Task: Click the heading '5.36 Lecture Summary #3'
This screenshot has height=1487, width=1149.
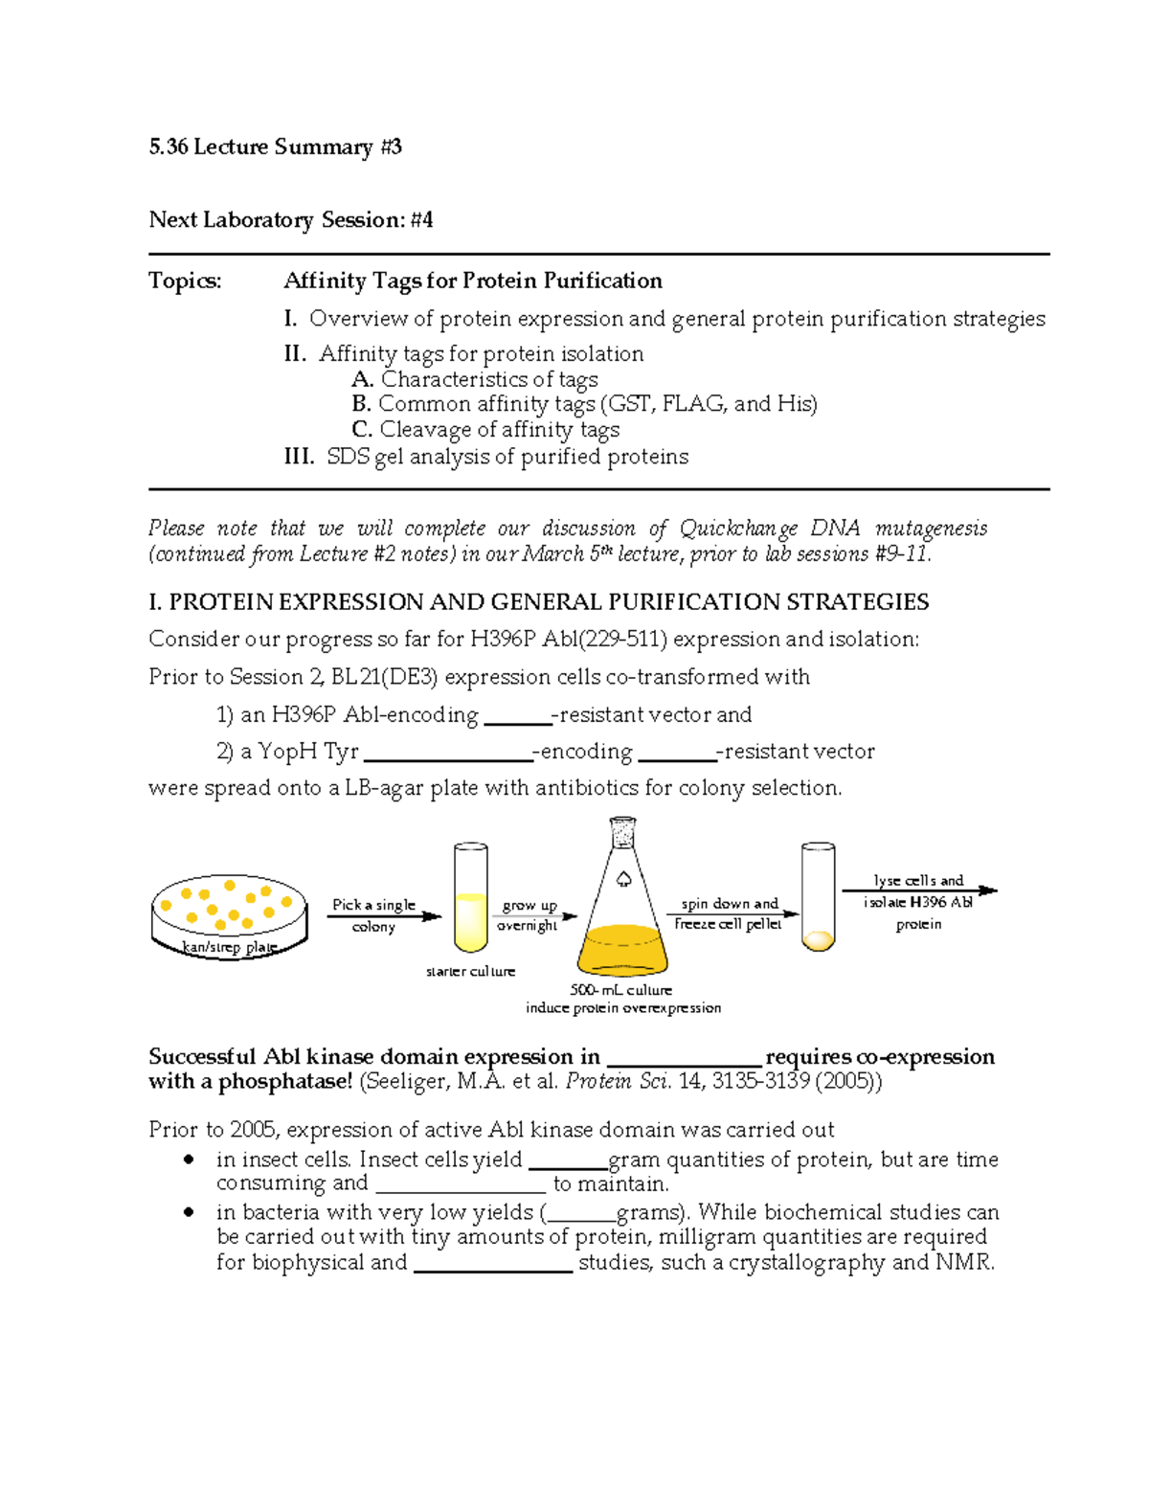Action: tap(275, 146)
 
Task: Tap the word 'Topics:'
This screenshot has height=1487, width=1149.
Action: tap(184, 281)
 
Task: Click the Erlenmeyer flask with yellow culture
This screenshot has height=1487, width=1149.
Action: tap(623, 919)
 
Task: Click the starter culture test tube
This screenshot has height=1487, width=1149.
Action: tap(470, 900)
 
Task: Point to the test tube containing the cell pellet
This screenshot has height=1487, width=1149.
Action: tap(818, 898)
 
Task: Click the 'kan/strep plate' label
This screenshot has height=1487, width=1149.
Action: tap(230, 948)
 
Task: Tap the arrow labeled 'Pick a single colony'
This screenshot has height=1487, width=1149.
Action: tap(383, 916)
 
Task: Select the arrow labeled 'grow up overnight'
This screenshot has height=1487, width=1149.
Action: tap(534, 916)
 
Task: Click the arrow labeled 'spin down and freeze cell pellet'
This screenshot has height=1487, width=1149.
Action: tap(732, 914)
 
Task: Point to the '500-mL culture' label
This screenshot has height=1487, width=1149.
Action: tap(620, 990)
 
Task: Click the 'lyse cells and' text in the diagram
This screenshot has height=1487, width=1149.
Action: tap(918, 881)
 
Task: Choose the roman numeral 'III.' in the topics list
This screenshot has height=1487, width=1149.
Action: tap(299, 457)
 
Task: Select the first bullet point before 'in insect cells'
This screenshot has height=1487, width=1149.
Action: tap(189, 1160)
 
